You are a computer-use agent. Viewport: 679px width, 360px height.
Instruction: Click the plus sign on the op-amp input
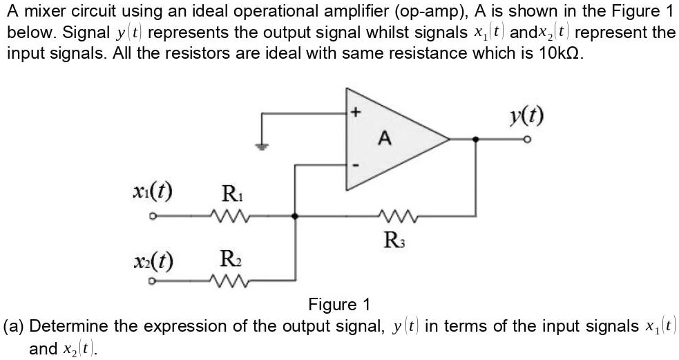(x=356, y=111)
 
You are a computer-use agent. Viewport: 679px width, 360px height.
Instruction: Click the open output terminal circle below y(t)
(x=526, y=140)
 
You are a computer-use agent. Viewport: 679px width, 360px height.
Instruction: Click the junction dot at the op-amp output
(x=474, y=139)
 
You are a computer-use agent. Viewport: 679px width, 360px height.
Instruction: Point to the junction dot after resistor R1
(x=295, y=216)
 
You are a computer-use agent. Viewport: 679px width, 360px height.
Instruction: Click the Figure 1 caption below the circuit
(x=339, y=304)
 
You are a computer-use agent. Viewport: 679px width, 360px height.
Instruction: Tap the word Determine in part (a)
(x=69, y=325)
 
